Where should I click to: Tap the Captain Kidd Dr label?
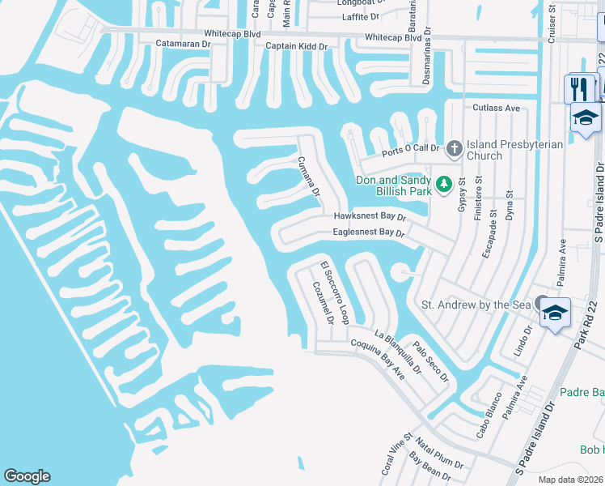(x=297, y=46)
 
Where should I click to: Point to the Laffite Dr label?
(x=361, y=16)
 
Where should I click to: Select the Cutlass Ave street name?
(x=496, y=107)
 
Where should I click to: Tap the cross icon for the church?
(x=454, y=148)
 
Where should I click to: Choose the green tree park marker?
(x=443, y=185)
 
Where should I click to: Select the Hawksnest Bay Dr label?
(x=370, y=217)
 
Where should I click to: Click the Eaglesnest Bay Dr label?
(x=368, y=232)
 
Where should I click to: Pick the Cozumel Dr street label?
(x=323, y=303)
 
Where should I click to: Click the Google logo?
(x=27, y=476)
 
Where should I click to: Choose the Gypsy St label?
(x=463, y=198)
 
